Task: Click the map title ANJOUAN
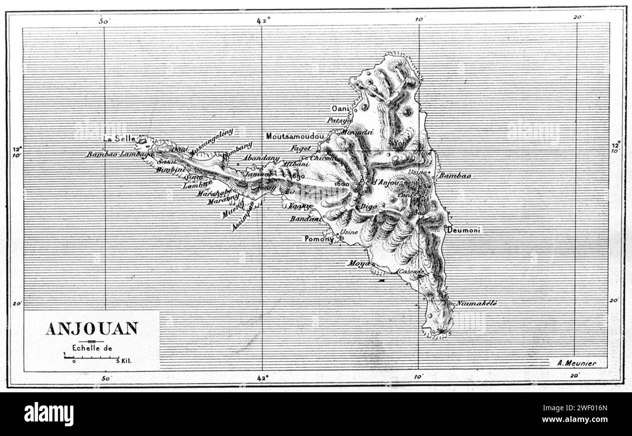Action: (x=91, y=329)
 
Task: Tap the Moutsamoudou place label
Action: (x=295, y=137)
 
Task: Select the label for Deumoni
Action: (x=465, y=230)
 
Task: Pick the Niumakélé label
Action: (x=476, y=303)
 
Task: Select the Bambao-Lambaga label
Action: (x=120, y=154)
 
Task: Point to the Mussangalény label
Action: (x=212, y=142)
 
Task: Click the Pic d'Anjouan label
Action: (x=380, y=183)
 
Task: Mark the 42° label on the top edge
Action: (x=263, y=20)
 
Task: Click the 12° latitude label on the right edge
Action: (x=615, y=145)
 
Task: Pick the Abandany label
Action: (x=261, y=158)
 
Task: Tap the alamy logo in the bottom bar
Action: (x=49, y=414)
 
